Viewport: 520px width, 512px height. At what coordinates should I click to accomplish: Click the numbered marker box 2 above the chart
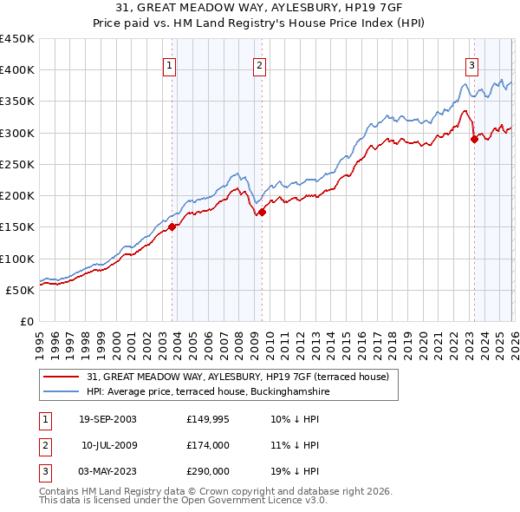click(259, 64)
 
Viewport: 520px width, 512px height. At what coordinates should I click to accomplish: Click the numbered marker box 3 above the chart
click(471, 64)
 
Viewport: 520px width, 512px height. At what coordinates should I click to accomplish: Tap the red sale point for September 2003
click(172, 227)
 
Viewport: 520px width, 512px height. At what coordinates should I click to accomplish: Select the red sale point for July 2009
click(262, 212)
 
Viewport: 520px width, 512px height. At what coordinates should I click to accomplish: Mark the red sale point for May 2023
click(473, 139)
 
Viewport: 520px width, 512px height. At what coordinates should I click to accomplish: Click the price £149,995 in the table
click(207, 419)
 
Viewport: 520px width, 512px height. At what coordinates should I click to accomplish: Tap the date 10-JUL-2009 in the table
click(109, 445)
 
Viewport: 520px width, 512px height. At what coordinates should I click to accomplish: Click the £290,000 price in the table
click(207, 471)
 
